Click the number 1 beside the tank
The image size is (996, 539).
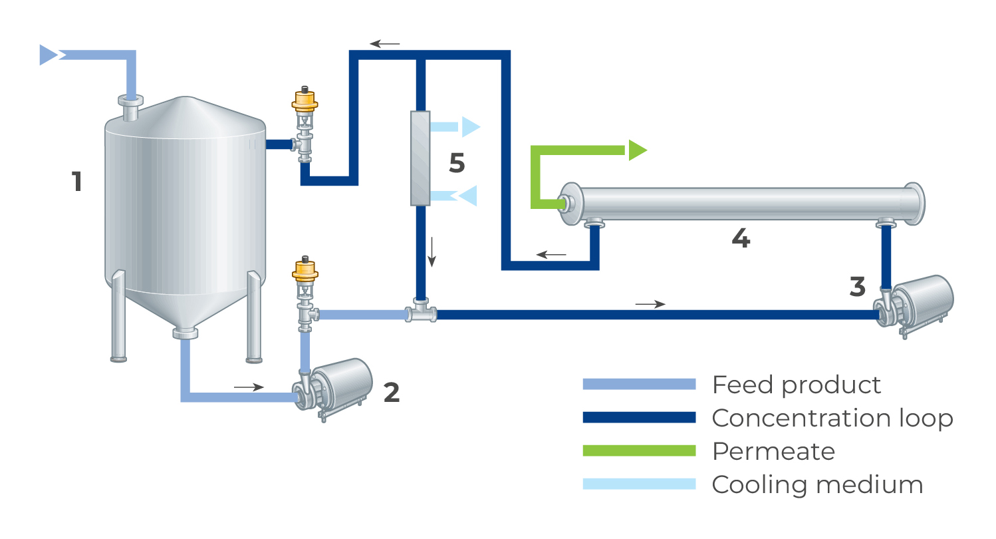click(x=77, y=181)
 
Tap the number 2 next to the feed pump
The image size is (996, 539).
click(x=392, y=393)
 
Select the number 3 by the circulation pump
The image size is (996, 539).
click(x=858, y=287)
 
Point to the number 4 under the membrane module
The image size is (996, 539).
click(x=741, y=238)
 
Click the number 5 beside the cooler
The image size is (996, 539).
click(x=457, y=163)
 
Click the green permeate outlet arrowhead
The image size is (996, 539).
click(x=636, y=150)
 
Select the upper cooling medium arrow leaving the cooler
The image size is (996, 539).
click(x=469, y=126)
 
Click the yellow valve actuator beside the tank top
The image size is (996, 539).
click(x=305, y=102)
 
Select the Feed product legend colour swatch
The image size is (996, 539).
click(x=638, y=384)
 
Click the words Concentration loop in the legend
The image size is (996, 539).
click(x=832, y=418)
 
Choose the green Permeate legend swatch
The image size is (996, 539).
click(x=638, y=451)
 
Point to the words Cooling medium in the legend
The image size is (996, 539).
click(x=817, y=484)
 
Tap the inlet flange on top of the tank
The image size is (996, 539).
click(x=130, y=101)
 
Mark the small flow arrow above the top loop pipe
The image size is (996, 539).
click(x=385, y=45)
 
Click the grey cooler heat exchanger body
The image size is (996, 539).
click(x=420, y=158)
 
